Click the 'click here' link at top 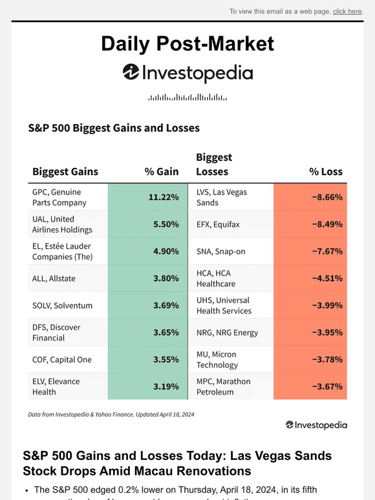pyautogui.click(x=347, y=11)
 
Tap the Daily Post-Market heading pyautogui.click(x=187, y=43)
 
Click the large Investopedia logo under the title pyautogui.click(x=187, y=73)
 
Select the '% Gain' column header pyautogui.click(x=161, y=171)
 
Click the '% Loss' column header pyautogui.click(x=325, y=171)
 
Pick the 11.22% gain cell pyautogui.click(x=149, y=197)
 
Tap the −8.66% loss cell pyautogui.click(x=310, y=197)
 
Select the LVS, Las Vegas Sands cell pyautogui.click(x=222, y=197)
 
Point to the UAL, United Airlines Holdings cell pyautogui.click(x=62, y=224)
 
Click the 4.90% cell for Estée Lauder pyautogui.click(x=149, y=251)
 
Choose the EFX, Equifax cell pyautogui.click(x=218, y=224)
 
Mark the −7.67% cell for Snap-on pyautogui.click(x=310, y=251)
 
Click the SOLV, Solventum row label pyautogui.click(x=62, y=306)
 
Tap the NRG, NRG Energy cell pyautogui.click(x=227, y=333)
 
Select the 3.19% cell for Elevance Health pyautogui.click(x=149, y=386)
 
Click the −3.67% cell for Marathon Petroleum pyautogui.click(x=310, y=386)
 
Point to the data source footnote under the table pyautogui.click(x=111, y=414)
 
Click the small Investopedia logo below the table pyautogui.click(x=316, y=425)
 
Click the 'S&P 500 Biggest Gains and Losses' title pyautogui.click(x=114, y=128)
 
